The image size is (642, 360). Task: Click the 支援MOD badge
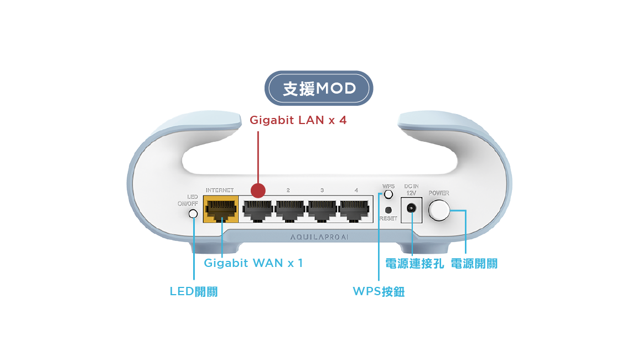pos(319,89)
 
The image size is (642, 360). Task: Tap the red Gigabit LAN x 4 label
pos(298,120)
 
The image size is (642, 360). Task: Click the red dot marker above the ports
pos(258,191)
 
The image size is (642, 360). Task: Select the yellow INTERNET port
pos(221,210)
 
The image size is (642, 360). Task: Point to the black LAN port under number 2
pos(290,211)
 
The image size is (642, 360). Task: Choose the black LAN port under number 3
pos(322,211)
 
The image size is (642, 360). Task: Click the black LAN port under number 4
pos(355,211)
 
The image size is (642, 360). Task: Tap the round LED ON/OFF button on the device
pos(193,214)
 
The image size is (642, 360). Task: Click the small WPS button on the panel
pos(389,194)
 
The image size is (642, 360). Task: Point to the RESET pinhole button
pos(389,210)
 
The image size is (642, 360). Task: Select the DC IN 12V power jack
pos(411,209)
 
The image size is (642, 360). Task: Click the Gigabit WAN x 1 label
pos(253,263)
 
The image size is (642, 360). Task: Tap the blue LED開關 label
pos(194,291)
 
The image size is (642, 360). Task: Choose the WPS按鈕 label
pos(379,291)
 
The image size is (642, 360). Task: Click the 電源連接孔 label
pos(415,264)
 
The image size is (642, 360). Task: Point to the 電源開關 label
pos(474,264)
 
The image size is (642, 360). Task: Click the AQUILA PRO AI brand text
pos(319,238)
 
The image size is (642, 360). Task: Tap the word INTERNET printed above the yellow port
pos(219,191)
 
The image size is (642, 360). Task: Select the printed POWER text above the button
pos(439,193)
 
